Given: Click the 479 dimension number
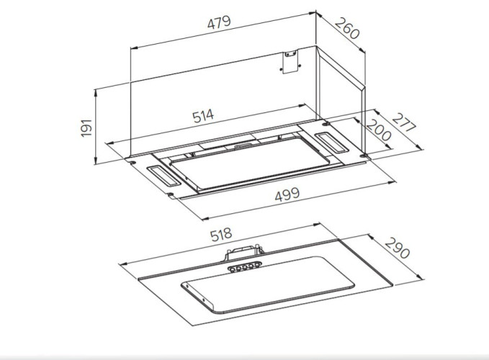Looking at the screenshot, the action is tap(219, 22).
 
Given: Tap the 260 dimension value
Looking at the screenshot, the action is tap(347, 28).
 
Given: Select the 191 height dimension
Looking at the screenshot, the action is tap(86, 127).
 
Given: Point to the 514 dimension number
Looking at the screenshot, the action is tap(203, 116).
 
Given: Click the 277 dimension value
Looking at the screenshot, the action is tap(404, 122).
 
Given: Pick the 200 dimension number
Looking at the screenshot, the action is tap(378, 130).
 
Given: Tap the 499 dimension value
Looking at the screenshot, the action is tap(287, 194).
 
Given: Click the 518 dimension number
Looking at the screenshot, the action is tap(221, 235).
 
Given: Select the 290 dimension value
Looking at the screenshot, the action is tap(397, 248).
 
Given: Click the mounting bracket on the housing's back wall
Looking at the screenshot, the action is tap(290, 62).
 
